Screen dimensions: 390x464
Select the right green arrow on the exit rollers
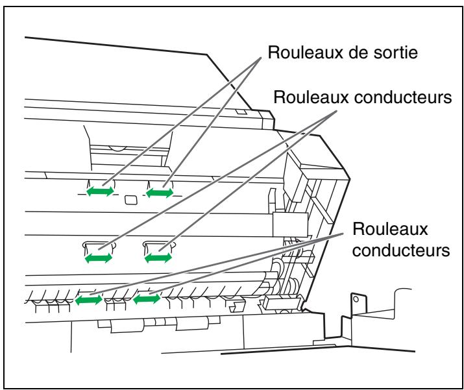tap(160, 192)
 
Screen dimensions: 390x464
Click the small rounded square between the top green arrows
tap(130, 198)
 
